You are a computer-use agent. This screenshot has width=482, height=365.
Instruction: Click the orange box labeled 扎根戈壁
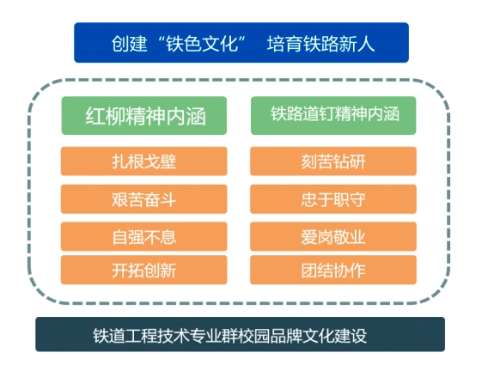(x=143, y=161)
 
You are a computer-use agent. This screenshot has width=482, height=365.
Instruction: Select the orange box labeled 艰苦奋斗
(x=143, y=199)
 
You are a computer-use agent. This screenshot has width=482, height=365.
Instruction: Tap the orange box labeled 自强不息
(x=143, y=236)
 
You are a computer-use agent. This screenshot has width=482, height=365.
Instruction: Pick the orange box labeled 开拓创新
(x=143, y=270)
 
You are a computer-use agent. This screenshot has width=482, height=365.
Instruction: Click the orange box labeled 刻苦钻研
(x=333, y=161)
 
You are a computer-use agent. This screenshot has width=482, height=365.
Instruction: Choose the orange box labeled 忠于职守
(x=333, y=199)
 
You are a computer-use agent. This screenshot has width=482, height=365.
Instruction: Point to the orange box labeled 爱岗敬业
(x=333, y=236)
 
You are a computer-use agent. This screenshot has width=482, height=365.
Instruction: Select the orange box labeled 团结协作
(x=333, y=270)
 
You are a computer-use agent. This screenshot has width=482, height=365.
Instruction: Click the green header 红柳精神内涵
(x=144, y=116)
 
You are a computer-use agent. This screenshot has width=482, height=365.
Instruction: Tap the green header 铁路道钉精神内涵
(x=333, y=116)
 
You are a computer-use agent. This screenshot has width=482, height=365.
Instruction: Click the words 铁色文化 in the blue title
(x=202, y=43)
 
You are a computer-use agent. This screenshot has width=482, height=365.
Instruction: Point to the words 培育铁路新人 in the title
(x=321, y=43)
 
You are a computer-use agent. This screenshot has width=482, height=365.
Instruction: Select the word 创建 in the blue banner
(x=129, y=43)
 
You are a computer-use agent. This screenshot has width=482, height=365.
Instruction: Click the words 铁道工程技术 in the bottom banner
(x=141, y=336)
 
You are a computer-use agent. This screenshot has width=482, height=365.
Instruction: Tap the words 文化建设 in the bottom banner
(x=334, y=336)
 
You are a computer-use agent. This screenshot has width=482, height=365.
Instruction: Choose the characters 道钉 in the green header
(x=319, y=113)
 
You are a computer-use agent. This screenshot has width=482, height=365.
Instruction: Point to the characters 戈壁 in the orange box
(x=160, y=161)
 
